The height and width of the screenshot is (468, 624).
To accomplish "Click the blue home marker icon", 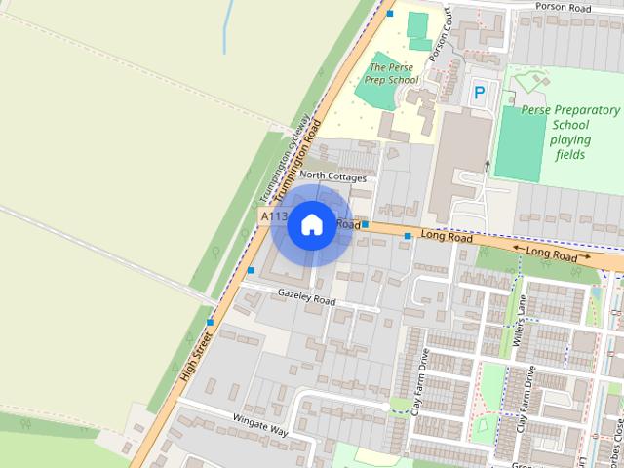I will [311, 225].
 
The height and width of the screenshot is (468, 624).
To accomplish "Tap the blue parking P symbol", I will [479, 94].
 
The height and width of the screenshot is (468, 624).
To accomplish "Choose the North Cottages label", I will [333, 177].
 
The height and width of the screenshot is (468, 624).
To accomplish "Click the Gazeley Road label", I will [306, 297].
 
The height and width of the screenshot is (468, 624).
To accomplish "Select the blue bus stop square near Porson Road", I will [390, 13].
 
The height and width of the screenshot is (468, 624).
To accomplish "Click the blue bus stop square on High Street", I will [210, 323].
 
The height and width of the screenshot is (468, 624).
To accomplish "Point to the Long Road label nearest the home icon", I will [349, 223].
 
